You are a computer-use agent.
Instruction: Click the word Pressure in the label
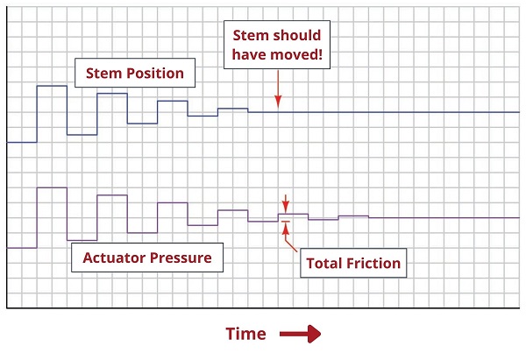(181, 258)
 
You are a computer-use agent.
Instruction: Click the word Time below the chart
(245, 334)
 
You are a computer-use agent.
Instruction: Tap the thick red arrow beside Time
(300, 334)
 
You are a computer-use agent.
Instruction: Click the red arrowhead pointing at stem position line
(278, 102)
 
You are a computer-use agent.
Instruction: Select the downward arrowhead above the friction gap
(286, 207)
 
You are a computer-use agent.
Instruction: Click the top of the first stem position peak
(52, 86)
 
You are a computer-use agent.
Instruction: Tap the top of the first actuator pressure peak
(52, 187)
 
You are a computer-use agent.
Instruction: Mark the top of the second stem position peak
(112, 94)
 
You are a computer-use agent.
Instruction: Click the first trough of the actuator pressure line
(82, 240)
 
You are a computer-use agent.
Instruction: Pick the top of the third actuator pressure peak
(173, 203)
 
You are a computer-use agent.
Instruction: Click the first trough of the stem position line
(82, 135)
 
